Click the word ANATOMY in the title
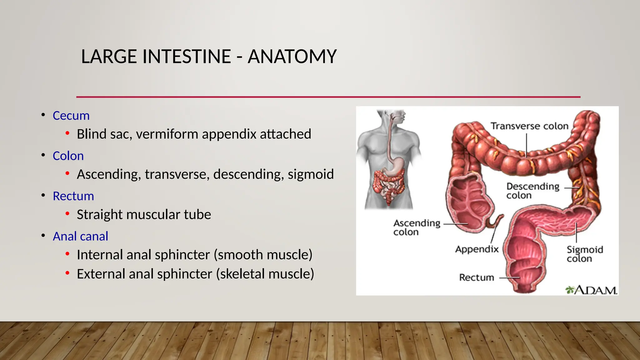pos(292,57)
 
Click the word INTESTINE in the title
pos(187,57)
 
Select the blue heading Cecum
pos(71,116)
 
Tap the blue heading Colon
pos(68,156)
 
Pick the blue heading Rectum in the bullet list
pos(73,196)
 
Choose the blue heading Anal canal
pos(80,236)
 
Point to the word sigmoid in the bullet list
pos(311,174)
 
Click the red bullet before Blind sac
pos(67,134)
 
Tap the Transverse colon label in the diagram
pos(529,126)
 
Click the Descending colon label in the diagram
pos(532,191)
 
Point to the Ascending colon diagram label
pos(417,227)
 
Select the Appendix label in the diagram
pos(477,249)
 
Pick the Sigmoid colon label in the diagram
pos(585,254)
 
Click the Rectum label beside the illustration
pos(476,277)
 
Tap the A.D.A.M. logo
pos(591,290)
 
